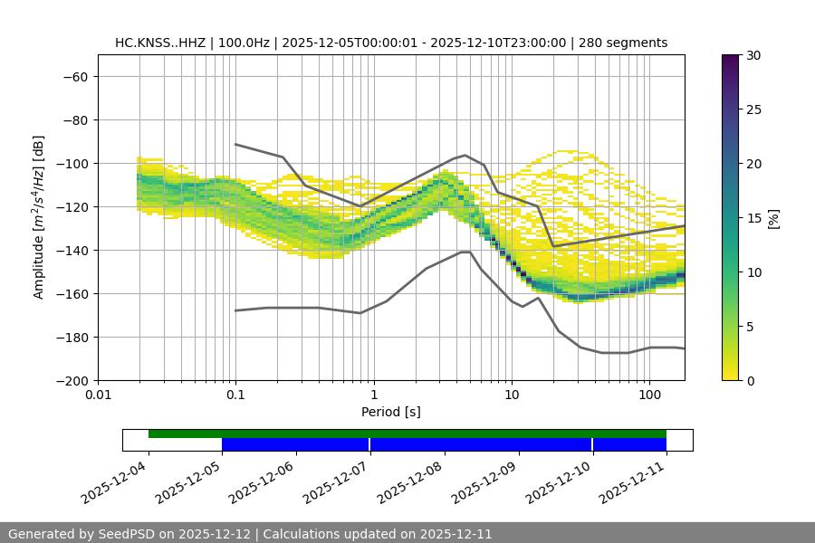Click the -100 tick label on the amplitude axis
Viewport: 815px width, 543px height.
pyautogui.click(x=72, y=164)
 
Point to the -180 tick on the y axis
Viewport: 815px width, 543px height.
pyautogui.click(x=72, y=338)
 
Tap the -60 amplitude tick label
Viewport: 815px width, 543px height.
pyautogui.click(x=75, y=77)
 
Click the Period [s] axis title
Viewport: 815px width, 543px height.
pyautogui.click(x=391, y=412)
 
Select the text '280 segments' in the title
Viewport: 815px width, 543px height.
pyautogui.click(x=625, y=43)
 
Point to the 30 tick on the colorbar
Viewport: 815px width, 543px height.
pyautogui.click(x=753, y=55)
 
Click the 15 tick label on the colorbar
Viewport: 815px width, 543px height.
pyautogui.click(x=753, y=218)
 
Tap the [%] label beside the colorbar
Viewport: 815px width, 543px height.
pyautogui.click(x=773, y=218)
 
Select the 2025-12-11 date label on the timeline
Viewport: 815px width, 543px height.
pyautogui.click(x=634, y=484)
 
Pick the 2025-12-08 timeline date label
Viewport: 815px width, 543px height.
pyautogui.click(x=412, y=484)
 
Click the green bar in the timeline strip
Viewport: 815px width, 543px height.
pyautogui.click(x=407, y=433)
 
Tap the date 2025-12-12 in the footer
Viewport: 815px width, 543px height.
pyautogui.click(x=218, y=534)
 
